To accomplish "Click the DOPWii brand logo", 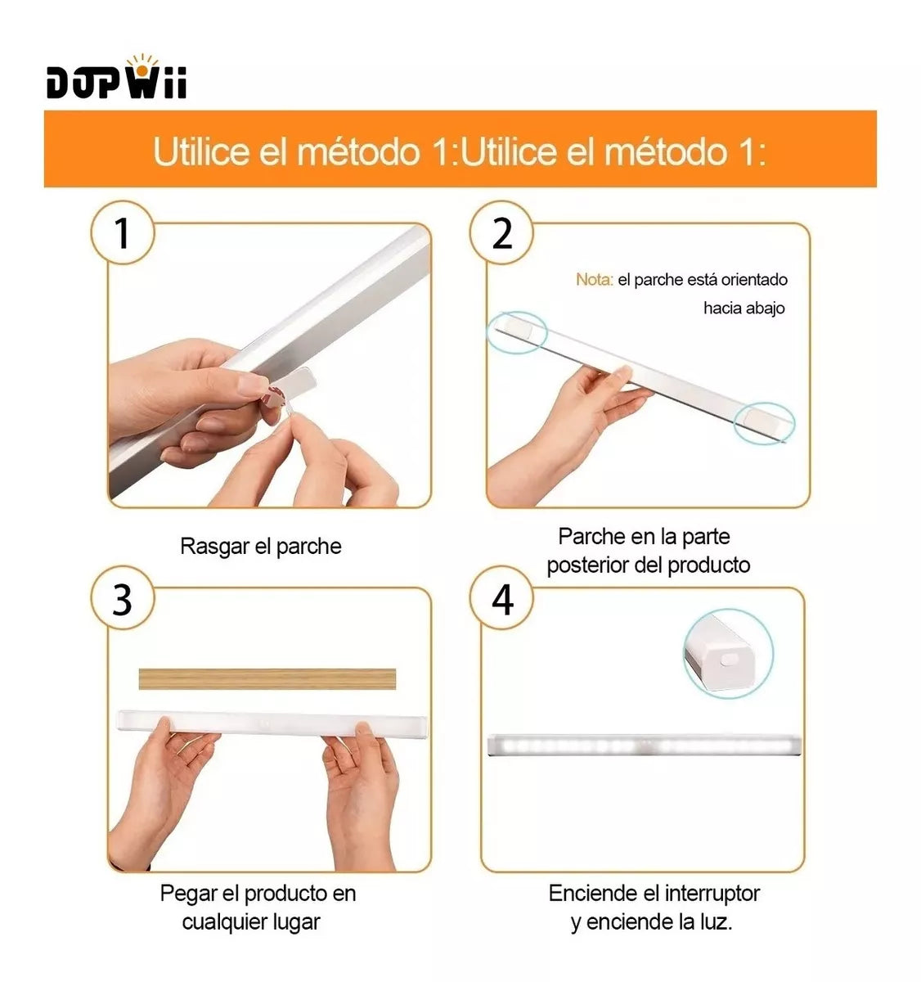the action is (116, 77).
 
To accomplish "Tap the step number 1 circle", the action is (122, 232).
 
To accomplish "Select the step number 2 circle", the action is (501, 232).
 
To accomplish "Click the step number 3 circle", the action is (122, 597).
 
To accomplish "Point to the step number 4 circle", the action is (501, 597).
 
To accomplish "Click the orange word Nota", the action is (594, 280).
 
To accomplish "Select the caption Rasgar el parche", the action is (261, 547).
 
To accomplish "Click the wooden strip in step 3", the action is (267, 679).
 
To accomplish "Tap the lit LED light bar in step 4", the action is (643, 745).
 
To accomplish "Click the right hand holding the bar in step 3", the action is (361, 796).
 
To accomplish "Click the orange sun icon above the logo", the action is (142, 65).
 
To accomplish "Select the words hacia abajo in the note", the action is (744, 309).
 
